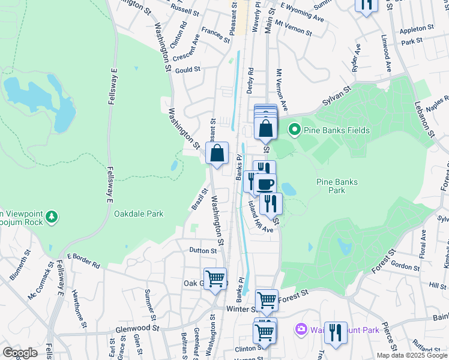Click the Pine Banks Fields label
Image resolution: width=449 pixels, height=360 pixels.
(336, 130)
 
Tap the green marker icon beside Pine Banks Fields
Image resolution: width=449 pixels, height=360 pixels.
(294, 130)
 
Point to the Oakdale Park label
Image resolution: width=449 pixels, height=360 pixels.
(139, 213)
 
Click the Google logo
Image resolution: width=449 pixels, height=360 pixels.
(20, 353)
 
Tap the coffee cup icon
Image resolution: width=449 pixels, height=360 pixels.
(265, 184)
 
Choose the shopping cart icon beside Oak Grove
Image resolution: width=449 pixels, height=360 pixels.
(215, 278)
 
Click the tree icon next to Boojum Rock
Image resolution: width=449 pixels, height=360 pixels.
(52, 216)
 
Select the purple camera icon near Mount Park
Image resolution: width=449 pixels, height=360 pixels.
(300, 329)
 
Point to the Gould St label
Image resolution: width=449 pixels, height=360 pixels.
(187, 70)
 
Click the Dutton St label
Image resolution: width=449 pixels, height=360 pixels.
(202, 250)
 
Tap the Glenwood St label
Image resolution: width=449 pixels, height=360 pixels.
(139, 328)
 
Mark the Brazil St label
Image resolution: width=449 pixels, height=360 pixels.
(199, 199)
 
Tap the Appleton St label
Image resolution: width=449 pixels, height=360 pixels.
(417, 28)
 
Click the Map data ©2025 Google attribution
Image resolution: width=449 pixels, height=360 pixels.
(412, 355)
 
